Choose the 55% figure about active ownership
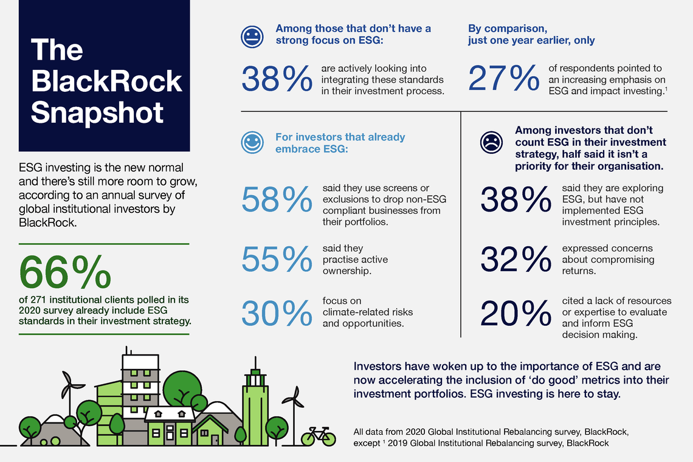coord(277,260)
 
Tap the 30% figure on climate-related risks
coord(277,313)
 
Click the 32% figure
coord(515,260)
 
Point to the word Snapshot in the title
coord(97,112)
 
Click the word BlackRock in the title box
coord(106,81)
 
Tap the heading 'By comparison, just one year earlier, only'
coord(531,34)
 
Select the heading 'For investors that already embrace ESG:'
coord(340,143)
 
